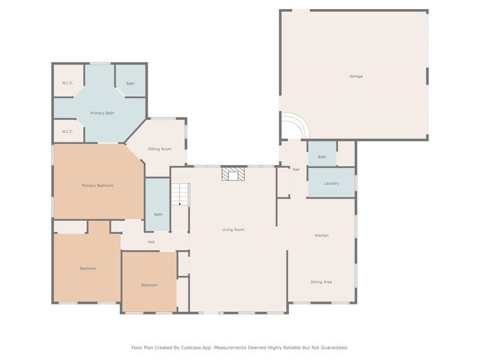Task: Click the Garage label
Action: [x=355, y=76]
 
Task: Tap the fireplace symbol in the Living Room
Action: [x=232, y=175]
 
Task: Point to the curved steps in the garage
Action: [x=293, y=127]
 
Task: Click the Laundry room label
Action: [x=331, y=184]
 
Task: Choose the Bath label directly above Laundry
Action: [x=322, y=157]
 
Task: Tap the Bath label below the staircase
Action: [x=158, y=214]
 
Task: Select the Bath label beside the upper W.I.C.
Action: [x=130, y=83]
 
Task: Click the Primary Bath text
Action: [x=102, y=113]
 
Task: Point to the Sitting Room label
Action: [x=160, y=149]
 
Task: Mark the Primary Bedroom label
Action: [x=97, y=185]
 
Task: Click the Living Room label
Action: [x=233, y=229]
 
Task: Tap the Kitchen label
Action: [x=321, y=235]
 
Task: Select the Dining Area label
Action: [x=321, y=282]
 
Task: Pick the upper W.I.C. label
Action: [x=67, y=83]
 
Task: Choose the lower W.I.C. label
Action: [x=67, y=132]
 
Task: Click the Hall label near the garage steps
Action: [x=295, y=169]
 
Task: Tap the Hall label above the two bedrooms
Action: [x=151, y=242]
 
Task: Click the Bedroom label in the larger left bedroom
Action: [x=88, y=268]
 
